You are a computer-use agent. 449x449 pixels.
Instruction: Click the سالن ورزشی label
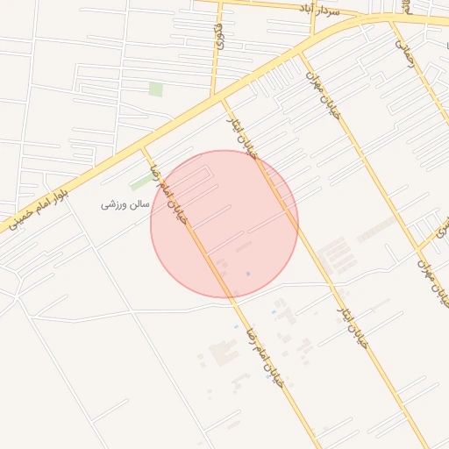(x=126, y=204)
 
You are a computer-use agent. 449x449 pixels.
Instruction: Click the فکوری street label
(x=218, y=36)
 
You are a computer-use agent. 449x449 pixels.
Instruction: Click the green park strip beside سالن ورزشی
(x=140, y=182)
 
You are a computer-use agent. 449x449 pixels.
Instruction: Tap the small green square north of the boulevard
(x=155, y=89)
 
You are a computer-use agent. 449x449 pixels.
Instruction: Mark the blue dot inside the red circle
(x=247, y=274)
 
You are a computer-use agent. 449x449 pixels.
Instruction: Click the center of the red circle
(x=224, y=224)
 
